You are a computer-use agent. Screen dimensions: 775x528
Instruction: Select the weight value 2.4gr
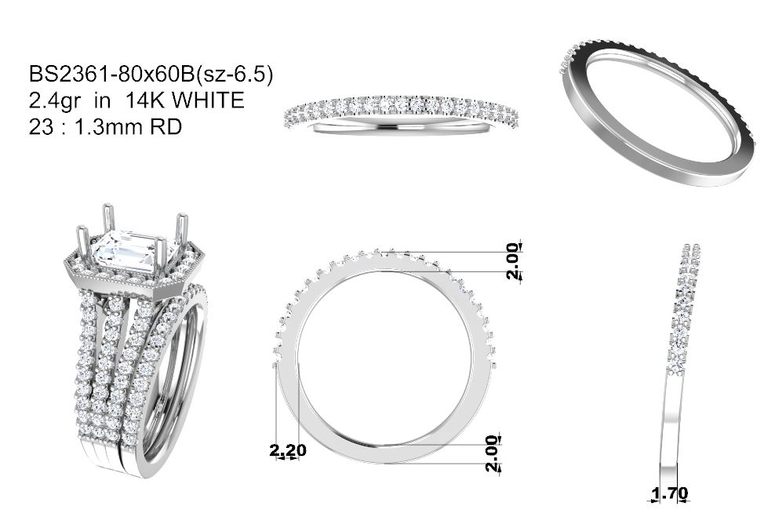[x=55, y=101]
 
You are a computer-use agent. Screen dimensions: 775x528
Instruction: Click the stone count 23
[x=41, y=127]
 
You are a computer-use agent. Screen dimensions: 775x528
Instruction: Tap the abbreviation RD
[x=166, y=127]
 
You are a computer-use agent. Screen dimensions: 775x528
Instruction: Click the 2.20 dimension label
[x=288, y=450]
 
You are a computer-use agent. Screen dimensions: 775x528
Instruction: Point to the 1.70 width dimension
[x=670, y=493]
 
